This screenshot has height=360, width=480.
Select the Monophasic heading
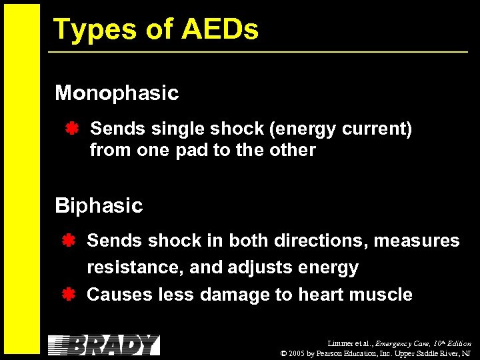point(117,93)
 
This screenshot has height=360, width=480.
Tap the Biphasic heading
point(99,205)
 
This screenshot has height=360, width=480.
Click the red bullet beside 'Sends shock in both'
point(67,240)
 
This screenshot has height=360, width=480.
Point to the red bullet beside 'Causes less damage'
point(67,294)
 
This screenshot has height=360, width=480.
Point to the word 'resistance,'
point(135,268)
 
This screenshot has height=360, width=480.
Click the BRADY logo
point(104,345)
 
